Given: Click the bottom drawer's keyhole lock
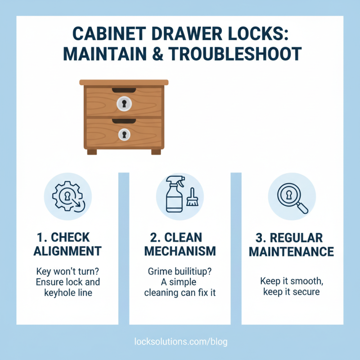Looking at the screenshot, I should point(124,134).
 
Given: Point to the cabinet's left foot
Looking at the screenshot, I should point(92,152).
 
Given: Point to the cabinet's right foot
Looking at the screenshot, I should point(156,152).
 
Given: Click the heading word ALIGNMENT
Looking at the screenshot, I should point(67,251).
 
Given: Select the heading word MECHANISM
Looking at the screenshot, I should point(180,251).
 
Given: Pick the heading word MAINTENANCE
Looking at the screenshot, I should point(292,251).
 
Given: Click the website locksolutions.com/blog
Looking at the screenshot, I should point(181,342).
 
